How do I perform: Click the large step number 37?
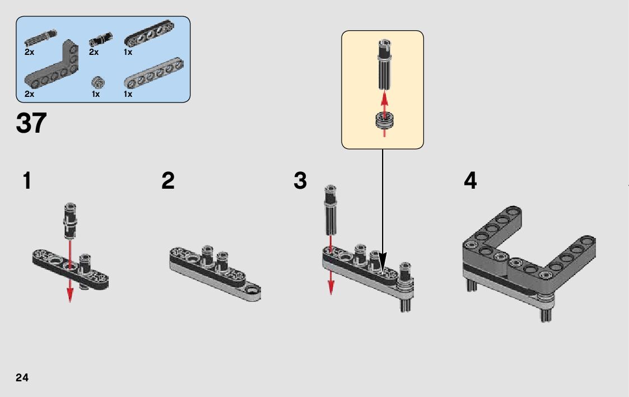(x=31, y=123)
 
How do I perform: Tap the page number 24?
(x=22, y=377)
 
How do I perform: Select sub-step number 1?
(x=27, y=180)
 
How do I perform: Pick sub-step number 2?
(x=168, y=180)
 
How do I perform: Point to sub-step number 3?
(x=300, y=180)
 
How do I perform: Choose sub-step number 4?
(x=470, y=180)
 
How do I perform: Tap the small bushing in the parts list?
(x=97, y=83)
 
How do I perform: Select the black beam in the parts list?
(x=149, y=33)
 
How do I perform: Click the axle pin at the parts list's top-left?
(x=40, y=38)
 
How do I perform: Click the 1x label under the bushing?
(x=95, y=94)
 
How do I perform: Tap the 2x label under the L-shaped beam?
(x=29, y=94)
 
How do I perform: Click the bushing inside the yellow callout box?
(x=384, y=121)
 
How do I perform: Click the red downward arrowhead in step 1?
(x=70, y=296)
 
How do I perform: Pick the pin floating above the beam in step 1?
(x=69, y=221)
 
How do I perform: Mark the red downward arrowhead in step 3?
(x=331, y=287)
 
